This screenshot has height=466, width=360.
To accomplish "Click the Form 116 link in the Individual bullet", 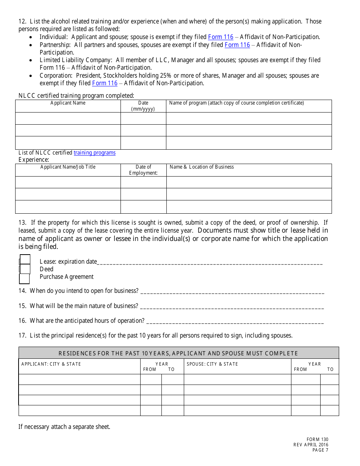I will tap(221, 37).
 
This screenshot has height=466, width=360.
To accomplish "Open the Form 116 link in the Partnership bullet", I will tap(237, 45).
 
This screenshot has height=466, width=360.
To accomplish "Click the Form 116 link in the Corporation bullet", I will tap(105, 83).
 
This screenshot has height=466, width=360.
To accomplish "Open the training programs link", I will tap(94, 153).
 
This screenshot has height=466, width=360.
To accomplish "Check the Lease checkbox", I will tap(25, 260).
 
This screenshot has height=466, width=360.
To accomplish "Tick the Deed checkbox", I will tap(25, 269).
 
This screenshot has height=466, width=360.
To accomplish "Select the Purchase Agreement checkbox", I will tap(24, 278).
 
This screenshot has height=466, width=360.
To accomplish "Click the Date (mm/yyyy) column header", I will tap(143, 106).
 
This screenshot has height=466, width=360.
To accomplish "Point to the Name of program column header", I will tap(236, 103).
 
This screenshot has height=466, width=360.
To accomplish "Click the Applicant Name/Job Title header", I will tap(68, 167).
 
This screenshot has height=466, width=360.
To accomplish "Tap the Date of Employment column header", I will tap(143, 170).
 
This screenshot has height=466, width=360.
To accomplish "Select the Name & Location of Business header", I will tap(202, 167).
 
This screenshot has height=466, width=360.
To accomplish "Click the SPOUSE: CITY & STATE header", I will tap(212, 364).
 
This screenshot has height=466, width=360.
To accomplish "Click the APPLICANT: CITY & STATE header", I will tap(51, 364).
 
